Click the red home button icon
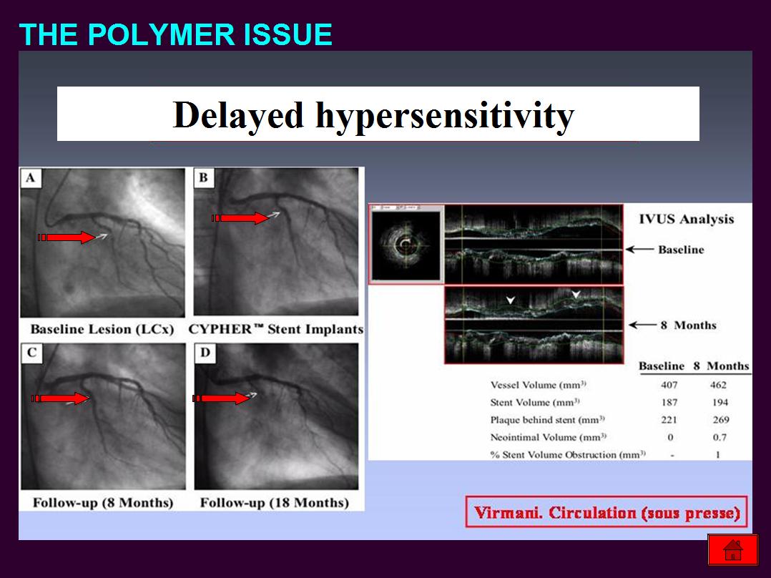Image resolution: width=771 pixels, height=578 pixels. pyautogui.click(x=732, y=549)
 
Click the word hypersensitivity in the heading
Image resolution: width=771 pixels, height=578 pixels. pyautogui.click(x=445, y=116)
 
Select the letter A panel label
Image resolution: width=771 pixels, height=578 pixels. pyautogui.click(x=31, y=177)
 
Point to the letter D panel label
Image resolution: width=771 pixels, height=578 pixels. pyautogui.click(x=205, y=352)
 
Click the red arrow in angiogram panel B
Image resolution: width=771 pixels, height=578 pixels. pyautogui.click(x=240, y=218)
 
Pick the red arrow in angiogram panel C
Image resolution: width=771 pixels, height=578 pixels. pyautogui.click(x=60, y=398)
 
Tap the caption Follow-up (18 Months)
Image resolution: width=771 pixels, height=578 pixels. pyautogui.click(x=275, y=503)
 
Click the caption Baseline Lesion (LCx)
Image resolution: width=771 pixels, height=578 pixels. pyautogui.click(x=102, y=329)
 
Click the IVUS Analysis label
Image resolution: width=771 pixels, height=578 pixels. pyautogui.click(x=687, y=220)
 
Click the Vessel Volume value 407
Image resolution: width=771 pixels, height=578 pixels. pyautogui.click(x=669, y=385)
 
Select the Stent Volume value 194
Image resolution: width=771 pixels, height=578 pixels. pyautogui.click(x=720, y=403)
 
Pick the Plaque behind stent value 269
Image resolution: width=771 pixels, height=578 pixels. pyautogui.click(x=721, y=420)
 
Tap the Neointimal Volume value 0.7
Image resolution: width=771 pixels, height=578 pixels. pyautogui.click(x=720, y=437)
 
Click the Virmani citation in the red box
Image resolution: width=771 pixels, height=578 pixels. pyautogui.click(x=607, y=513)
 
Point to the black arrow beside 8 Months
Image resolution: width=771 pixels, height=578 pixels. pyautogui.click(x=643, y=325)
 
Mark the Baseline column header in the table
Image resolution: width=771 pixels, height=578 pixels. pyautogui.click(x=662, y=366)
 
